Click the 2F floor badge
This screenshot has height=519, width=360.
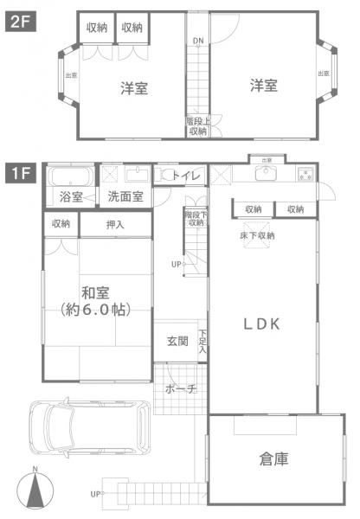click(x=19, y=24)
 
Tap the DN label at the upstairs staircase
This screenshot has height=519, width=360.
click(x=198, y=41)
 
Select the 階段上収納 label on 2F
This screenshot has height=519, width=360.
click(x=197, y=126)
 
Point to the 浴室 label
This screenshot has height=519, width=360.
click(x=71, y=197)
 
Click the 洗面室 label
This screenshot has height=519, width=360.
click(x=125, y=197)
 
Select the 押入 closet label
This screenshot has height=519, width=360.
click(x=114, y=224)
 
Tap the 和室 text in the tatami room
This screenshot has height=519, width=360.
click(x=95, y=292)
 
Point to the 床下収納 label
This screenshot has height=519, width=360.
click(x=257, y=235)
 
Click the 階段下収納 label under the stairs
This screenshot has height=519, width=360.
click(x=196, y=218)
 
